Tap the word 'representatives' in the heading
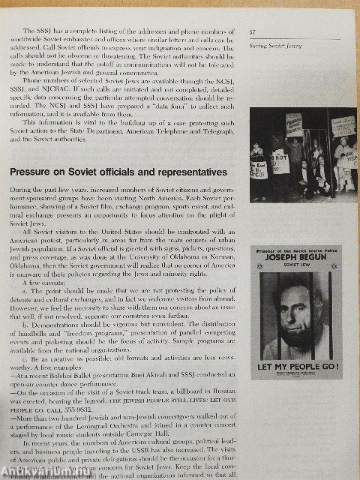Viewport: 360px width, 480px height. pos(189,172)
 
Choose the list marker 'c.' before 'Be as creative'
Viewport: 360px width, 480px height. pos(27,357)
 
